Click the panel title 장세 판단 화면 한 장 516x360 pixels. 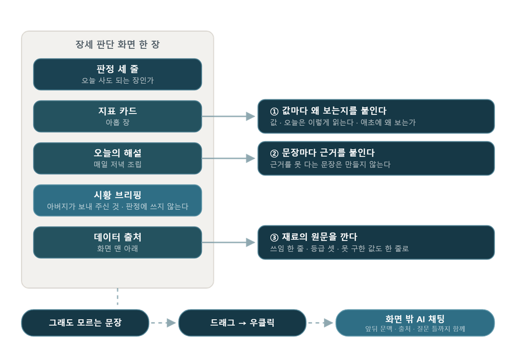117,44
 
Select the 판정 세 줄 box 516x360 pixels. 117,75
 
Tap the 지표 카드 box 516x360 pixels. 117,116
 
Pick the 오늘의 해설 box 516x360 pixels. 117,158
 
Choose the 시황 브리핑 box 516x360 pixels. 117,200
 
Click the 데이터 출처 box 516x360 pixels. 117,243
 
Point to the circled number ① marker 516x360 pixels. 274,111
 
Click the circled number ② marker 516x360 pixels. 274,153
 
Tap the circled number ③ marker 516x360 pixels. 274,237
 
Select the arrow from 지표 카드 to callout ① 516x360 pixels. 228,116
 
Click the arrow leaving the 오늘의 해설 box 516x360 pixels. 228,158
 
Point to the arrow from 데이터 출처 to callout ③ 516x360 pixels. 228,243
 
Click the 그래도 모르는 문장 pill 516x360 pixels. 85,323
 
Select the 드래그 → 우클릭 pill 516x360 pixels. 242,323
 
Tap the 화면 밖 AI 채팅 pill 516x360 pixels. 415,323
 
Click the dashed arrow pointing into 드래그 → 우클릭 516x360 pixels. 164,323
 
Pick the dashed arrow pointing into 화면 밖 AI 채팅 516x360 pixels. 320,323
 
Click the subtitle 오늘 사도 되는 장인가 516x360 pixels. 117,80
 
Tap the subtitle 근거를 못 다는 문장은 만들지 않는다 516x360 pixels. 330,164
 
